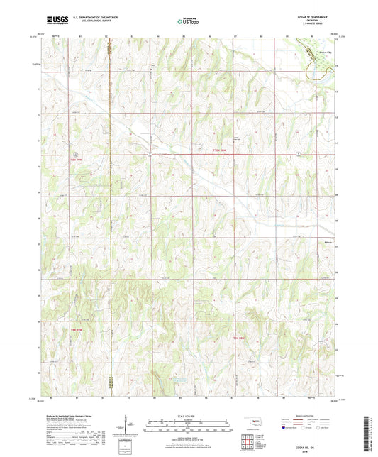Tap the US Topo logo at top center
point(188,23)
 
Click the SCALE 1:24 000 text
point(188,415)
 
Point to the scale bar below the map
point(188,427)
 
